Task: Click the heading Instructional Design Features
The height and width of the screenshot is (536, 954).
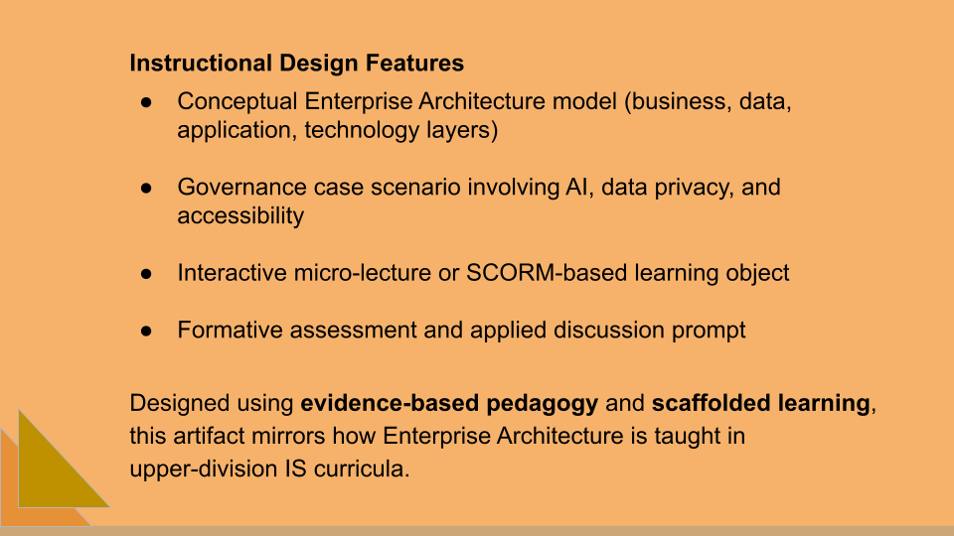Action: [296, 64]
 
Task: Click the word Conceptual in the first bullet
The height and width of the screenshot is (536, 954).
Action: [238, 101]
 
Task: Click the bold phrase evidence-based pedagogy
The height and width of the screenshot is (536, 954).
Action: [450, 404]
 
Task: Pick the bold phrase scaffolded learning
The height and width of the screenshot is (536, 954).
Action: [760, 404]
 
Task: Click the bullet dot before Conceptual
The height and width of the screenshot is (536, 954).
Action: [145, 102]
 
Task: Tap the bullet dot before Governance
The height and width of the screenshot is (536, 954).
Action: [145, 188]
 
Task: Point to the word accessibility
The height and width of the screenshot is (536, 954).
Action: [240, 215]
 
